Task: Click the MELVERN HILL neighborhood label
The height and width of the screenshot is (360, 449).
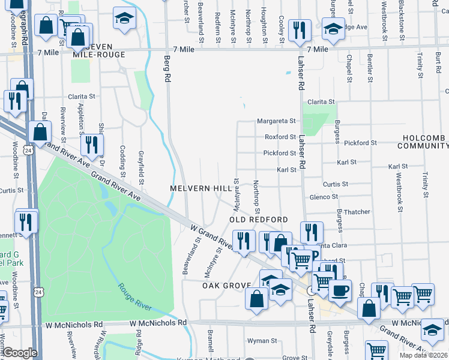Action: pyautogui.click(x=200, y=188)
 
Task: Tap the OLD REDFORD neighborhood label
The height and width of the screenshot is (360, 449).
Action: pyautogui.click(x=259, y=220)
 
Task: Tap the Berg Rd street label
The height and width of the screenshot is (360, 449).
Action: pyautogui.click(x=168, y=69)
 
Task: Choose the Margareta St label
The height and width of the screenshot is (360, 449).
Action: pyautogui.click(x=277, y=121)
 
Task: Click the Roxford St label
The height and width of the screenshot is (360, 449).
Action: pyautogui.click(x=280, y=137)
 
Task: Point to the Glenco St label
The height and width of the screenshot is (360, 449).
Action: pyautogui.click(x=324, y=196)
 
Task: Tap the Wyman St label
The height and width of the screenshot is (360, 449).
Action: pyautogui.click(x=262, y=340)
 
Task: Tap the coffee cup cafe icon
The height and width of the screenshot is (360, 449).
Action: pyautogui.click(x=340, y=290)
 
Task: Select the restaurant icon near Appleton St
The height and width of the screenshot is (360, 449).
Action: pyautogui.click(x=92, y=144)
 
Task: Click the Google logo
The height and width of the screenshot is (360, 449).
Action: pyautogui.click(x=20, y=353)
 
